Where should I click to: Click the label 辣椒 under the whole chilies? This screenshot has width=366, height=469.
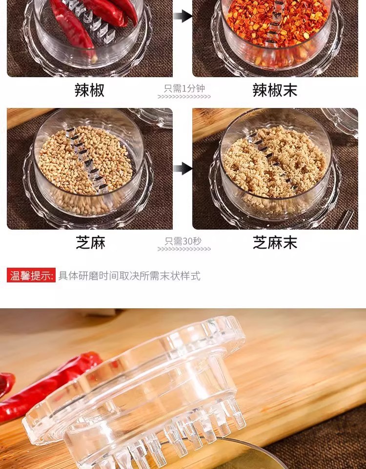pos(90,90)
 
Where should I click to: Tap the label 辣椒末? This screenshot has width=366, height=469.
pos(275,90)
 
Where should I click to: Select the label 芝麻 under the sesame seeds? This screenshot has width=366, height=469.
pos(91,242)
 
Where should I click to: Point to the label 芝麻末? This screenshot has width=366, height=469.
pos(275,242)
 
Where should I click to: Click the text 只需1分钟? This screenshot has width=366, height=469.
pos(184,88)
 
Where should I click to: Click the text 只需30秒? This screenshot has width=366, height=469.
pos(183,241)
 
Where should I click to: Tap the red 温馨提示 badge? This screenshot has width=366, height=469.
pos(31,275)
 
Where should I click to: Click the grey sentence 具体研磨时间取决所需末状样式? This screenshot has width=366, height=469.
pos(129,276)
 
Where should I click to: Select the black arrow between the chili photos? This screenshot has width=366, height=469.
pos(183,16)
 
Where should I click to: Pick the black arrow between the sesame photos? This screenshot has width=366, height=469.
pos(183,169)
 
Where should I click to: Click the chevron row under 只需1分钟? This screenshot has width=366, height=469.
pos(184,97)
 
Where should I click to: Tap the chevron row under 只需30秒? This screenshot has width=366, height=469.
pos(184,249)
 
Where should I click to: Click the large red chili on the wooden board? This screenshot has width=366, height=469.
pos(45,389)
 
